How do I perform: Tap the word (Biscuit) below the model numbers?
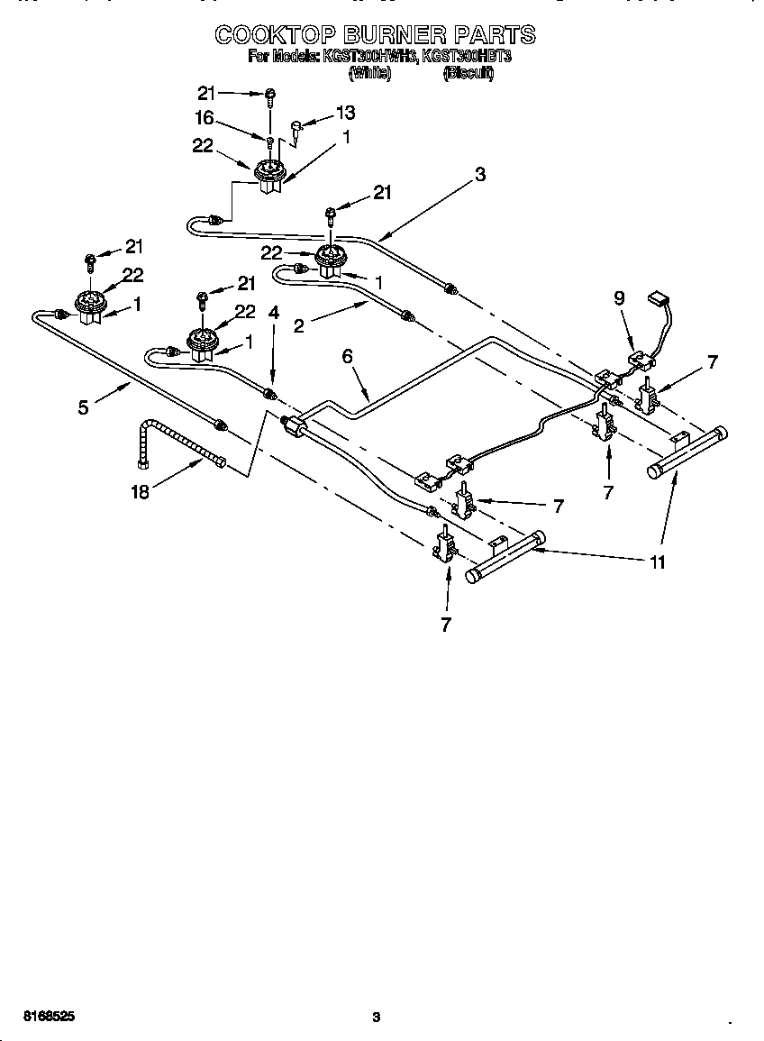tap(468, 74)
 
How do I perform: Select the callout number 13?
tap(345, 113)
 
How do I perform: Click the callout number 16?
tap(204, 117)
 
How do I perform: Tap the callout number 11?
tap(658, 562)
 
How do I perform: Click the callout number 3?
tap(480, 175)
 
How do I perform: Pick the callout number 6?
tap(346, 357)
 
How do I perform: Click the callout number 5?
tap(83, 406)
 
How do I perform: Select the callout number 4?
tap(274, 313)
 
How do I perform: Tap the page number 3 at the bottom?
tap(377, 1018)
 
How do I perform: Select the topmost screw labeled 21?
tap(269, 95)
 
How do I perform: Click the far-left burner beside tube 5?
tap(88, 306)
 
